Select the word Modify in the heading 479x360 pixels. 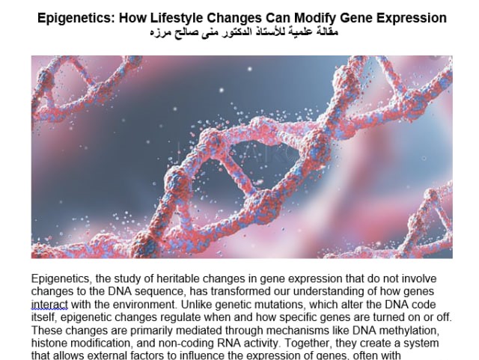click(x=314, y=17)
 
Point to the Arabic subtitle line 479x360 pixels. click(x=242, y=33)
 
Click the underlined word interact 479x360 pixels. click(x=49, y=304)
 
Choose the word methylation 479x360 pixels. click(x=422, y=330)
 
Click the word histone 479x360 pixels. click(x=49, y=343)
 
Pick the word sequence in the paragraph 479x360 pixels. click(x=159, y=291)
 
